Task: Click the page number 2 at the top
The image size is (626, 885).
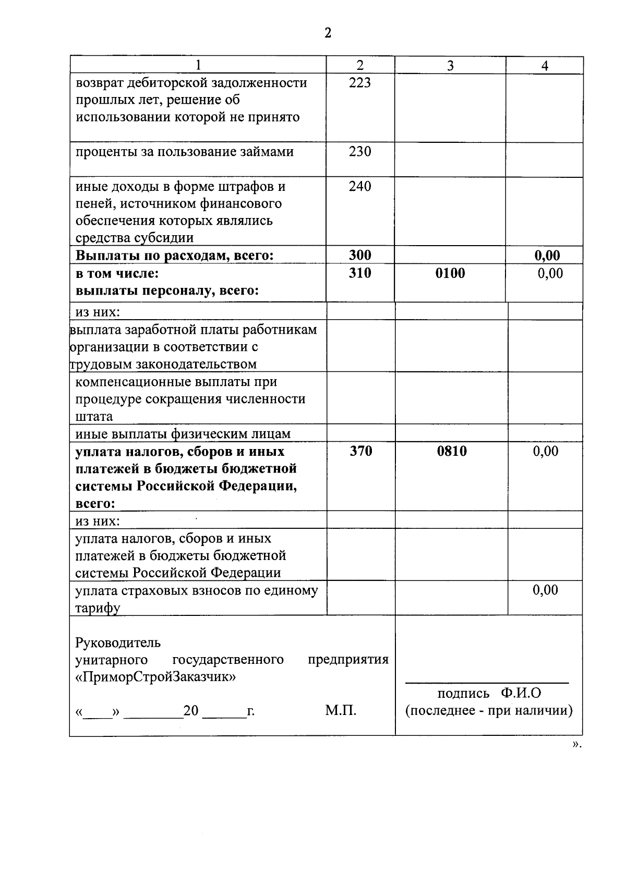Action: pos(328,33)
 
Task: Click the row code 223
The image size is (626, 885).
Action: pos(360,82)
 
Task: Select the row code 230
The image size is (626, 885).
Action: pos(360,152)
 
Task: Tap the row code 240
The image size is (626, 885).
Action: pos(360,186)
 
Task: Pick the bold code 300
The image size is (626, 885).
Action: pos(360,255)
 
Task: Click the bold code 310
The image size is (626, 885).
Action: pos(360,273)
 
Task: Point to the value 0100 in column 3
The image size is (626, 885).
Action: pos(450,273)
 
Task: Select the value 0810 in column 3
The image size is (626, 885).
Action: pos(452,451)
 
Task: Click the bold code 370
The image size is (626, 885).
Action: pos(361,451)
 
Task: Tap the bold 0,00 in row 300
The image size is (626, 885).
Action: pos(547,255)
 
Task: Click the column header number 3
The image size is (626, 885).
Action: pos(450,65)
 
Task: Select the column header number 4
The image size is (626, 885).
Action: pos(545,65)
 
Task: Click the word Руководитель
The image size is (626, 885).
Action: pos(118,642)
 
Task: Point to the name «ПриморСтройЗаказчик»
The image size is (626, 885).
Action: pos(155,677)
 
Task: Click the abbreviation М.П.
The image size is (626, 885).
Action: pos(341,710)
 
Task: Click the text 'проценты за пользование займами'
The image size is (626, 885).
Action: pos(185,152)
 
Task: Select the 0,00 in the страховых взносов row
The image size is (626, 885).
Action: pos(545,590)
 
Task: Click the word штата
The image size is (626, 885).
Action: pos(94,416)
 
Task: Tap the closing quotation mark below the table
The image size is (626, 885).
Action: pos(575,744)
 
